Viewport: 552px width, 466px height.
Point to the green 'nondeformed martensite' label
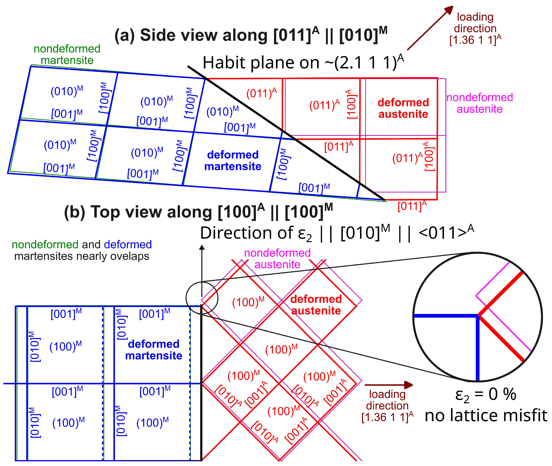[67, 54]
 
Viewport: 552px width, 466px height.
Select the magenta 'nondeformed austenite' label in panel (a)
[479, 103]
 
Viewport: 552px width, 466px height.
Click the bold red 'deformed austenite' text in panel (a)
[403, 108]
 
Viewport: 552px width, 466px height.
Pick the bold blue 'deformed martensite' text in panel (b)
[154, 350]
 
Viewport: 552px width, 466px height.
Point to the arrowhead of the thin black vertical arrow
[202, 247]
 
